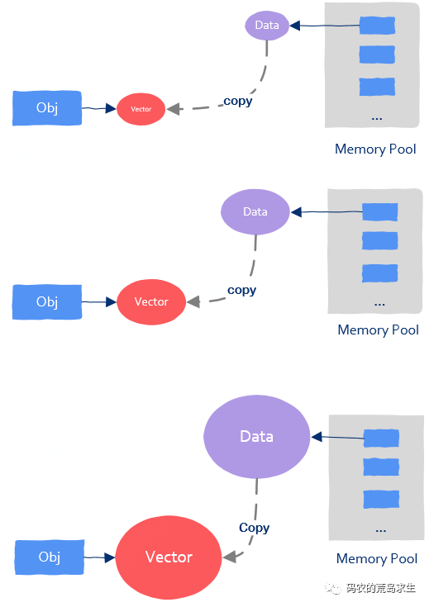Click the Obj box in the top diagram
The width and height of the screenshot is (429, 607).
point(47,108)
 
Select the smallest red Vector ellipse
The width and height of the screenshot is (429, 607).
point(141,109)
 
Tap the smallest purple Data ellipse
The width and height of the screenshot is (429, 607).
point(267,25)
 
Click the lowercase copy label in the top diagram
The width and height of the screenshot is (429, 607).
point(238,101)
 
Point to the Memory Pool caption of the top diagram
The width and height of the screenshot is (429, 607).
point(375,149)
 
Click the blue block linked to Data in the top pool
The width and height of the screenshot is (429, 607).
point(377,26)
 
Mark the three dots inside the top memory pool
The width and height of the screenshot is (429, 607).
point(377,118)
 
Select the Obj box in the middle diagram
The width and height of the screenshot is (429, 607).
point(47,302)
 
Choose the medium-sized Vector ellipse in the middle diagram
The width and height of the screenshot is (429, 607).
point(151,302)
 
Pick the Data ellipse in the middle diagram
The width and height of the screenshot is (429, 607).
point(255,211)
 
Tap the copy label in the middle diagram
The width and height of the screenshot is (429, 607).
point(242,291)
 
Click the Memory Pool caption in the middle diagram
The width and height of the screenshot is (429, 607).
point(378,330)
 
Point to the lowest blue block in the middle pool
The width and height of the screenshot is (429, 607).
point(379,273)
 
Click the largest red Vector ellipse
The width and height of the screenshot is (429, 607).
point(169,557)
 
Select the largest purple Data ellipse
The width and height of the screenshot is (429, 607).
point(256,437)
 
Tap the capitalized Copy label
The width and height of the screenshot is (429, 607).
point(255,528)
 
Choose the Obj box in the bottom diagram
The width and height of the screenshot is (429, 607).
point(50,557)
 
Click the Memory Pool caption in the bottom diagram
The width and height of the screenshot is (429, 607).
point(377,558)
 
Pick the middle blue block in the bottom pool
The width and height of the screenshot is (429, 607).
point(381,467)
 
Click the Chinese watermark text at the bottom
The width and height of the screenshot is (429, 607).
point(380,588)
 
